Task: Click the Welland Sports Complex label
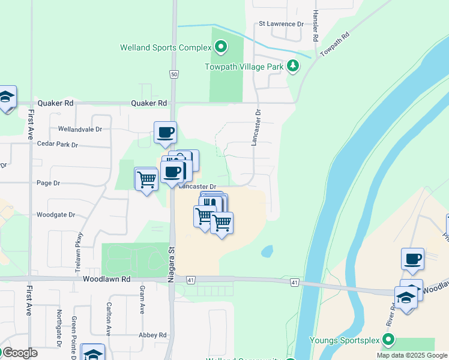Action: tap(166, 47)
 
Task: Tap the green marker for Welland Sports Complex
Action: tap(221, 47)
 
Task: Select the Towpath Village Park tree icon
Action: tap(292, 65)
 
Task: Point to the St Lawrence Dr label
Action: tap(281, 24)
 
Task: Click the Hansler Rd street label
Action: tap(315, 25)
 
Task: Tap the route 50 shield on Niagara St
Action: tap(173, 74)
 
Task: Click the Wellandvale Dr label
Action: tap(80, 129)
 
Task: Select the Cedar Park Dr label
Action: tap(58, 145)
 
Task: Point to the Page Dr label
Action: tap(49, 183)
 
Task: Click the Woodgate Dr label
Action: tap(55, 214)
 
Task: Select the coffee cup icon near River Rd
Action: tap(412, 259)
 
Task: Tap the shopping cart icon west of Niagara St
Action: tap(146, 178)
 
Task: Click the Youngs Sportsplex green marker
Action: tap(388, 340)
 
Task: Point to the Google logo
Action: tap(19, 353)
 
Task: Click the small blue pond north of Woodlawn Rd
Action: tap(267, 251)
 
